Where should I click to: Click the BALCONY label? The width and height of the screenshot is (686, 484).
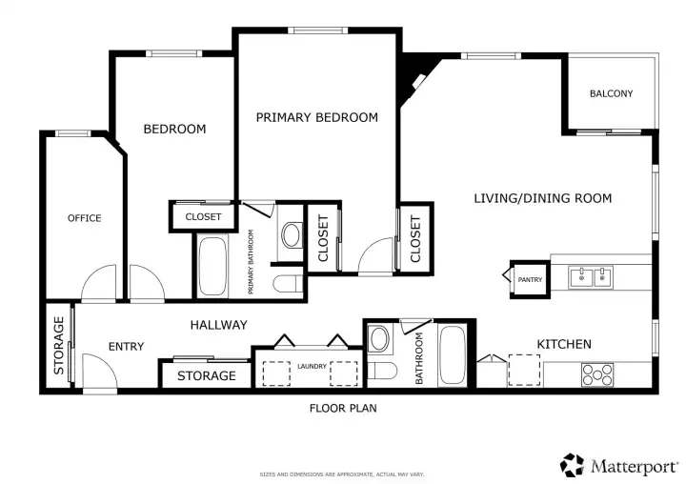tap(611, 93)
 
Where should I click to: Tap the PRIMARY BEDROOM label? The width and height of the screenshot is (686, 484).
tap(316, 117)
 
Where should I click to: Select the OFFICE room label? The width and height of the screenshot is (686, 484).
tap(85, 218)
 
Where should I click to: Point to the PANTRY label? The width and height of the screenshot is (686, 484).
tap(530, 280)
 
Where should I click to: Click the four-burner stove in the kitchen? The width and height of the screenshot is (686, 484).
tap(597, 374)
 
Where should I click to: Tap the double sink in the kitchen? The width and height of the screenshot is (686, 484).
tap(591, 277)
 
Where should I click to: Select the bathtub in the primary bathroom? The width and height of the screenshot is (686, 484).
tap(212, 267)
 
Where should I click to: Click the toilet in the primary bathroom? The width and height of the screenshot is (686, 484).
tap(288, 284)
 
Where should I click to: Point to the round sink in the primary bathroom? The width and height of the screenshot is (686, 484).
tap(292, 235)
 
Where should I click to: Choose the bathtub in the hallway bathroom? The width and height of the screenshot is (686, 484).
tap(453, 355)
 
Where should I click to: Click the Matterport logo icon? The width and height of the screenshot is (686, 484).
tap(572, 465)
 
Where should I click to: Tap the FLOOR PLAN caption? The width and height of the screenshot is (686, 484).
tap(343, 409)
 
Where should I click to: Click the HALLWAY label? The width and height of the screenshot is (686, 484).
tap(219, 325)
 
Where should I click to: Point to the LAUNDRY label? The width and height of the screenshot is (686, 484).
tap(312, 366)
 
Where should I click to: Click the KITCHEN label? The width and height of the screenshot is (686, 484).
tap(564, 344)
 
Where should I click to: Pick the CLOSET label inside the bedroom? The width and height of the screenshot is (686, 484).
tap(203, 216)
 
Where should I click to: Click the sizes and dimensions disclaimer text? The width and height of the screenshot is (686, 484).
tap(342, 474)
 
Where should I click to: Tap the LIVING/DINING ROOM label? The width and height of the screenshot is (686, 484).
tap(543, 198)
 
